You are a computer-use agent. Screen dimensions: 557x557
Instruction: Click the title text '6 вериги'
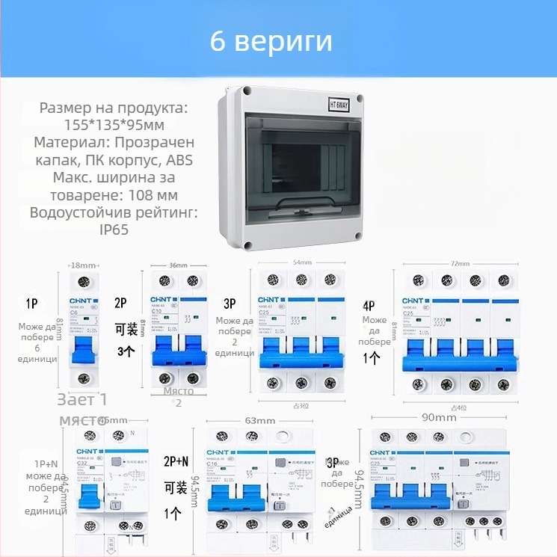[x=271, y=41]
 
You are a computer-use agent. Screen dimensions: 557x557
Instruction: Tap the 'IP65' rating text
[x=114, y=230]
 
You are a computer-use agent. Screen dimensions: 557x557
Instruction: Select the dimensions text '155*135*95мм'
[x=114, y=125]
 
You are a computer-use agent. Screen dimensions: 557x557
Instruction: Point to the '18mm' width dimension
[x=83, y=266]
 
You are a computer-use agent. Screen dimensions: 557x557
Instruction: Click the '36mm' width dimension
[x=179, y=265]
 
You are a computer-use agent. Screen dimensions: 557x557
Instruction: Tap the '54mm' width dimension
[x=301, y=263]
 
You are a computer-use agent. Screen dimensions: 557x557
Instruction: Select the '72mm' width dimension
[x=460, y=265]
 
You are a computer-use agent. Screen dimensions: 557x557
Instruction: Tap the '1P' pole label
[x=32, y=304]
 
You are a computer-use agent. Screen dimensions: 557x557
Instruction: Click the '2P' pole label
[x=120, y=303]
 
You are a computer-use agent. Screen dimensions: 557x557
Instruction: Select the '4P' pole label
[x=369, y=305]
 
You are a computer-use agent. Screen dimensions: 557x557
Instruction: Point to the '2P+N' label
[x=177, y=461]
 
